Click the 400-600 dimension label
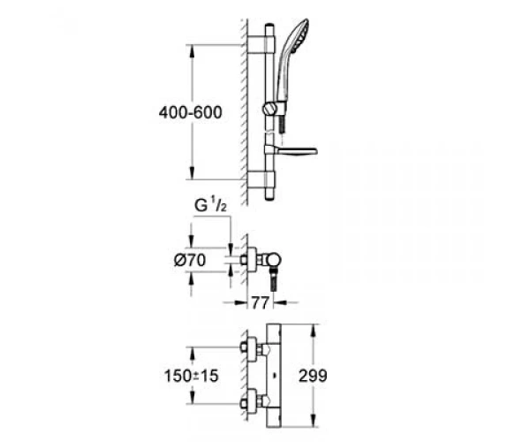(x=190, y=112)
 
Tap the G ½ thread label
(x=210, y=206)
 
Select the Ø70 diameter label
(x=190, y=261)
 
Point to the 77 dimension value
(x=260, y=302)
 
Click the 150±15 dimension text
(x=192, y=376)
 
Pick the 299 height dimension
(x=313, y=376)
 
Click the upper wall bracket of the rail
(x=261, y=43)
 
